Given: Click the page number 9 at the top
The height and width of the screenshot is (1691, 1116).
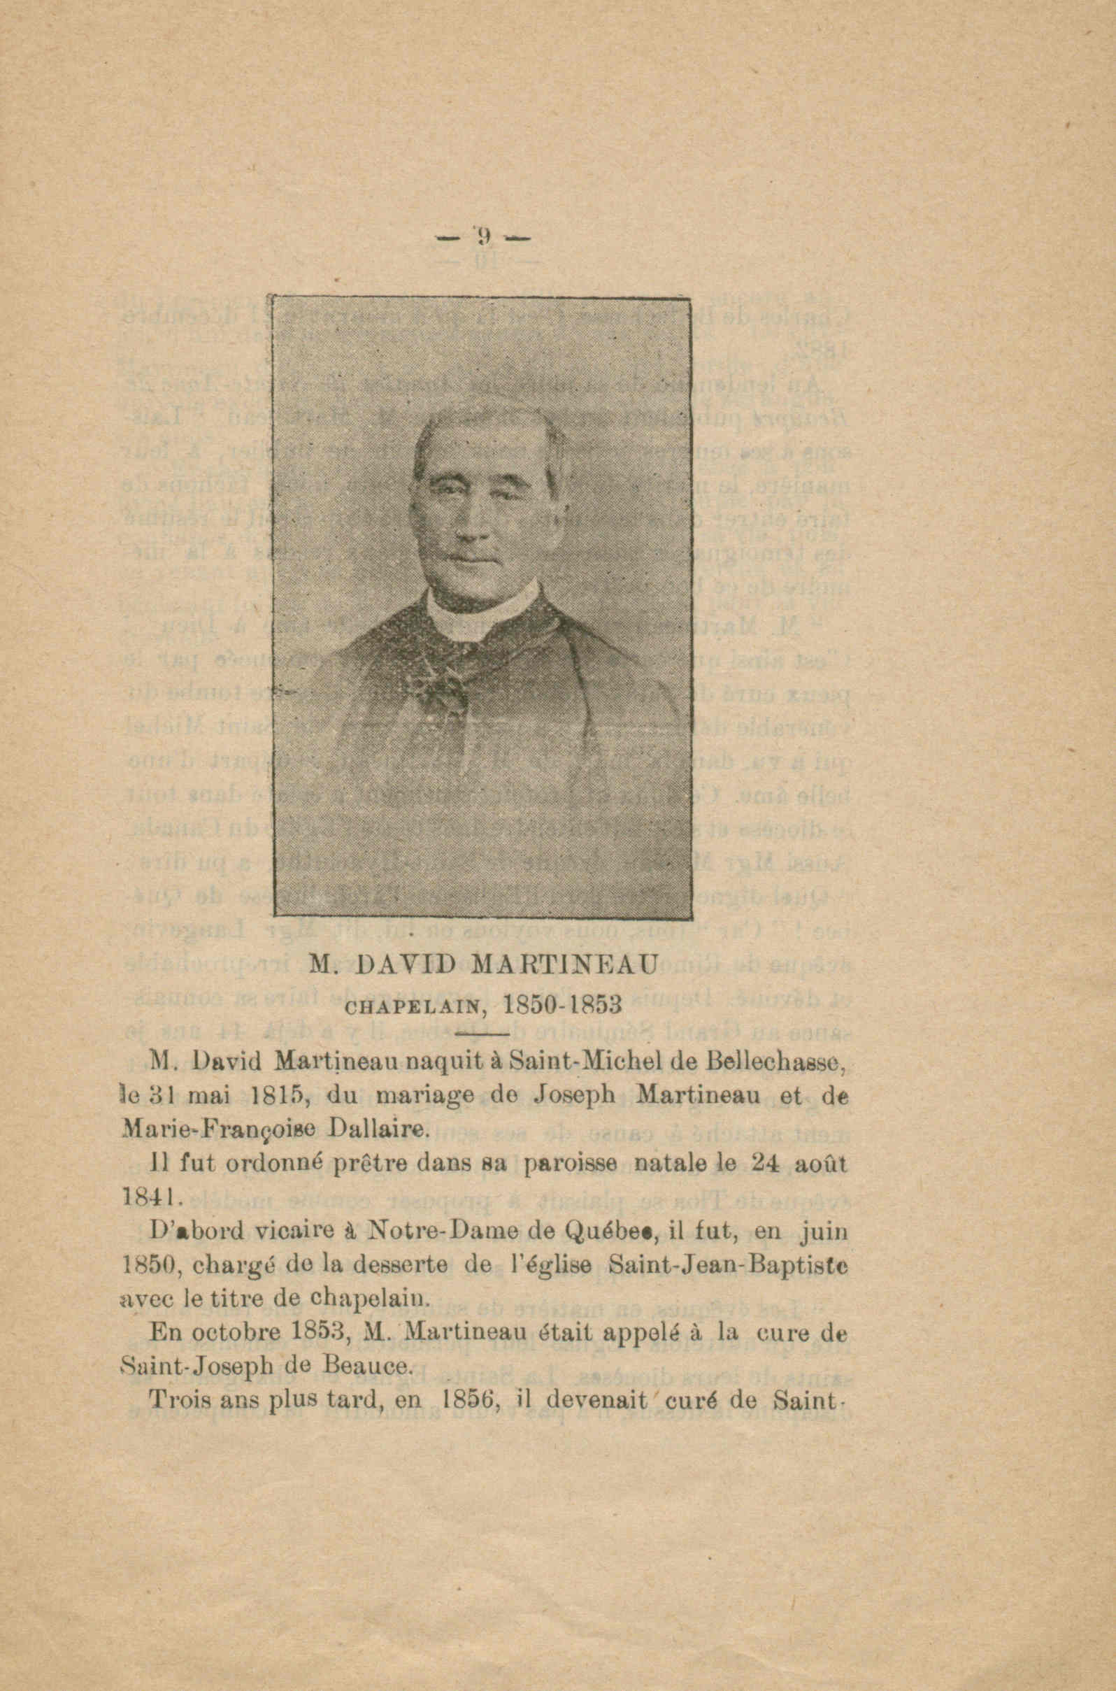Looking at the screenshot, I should click(484, 236).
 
